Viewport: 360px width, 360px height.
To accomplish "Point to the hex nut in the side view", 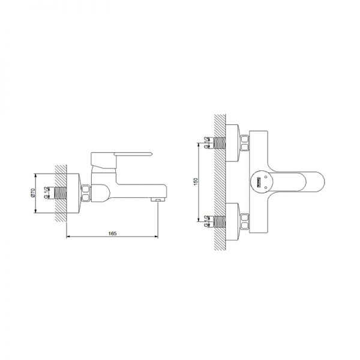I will (x=86, y=193).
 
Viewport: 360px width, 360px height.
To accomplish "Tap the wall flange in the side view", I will (x=74, y=193).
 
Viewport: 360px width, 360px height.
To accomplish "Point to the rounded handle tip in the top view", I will (x=321, y=181).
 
